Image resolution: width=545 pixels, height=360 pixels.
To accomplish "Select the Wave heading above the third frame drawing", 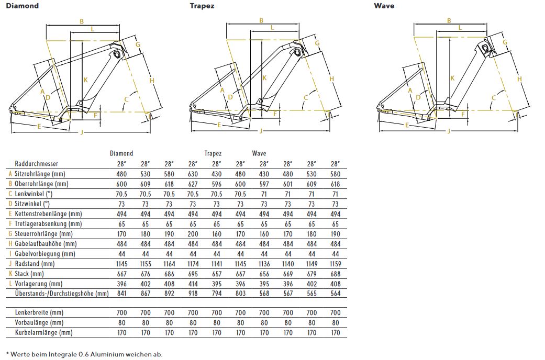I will [x=384, y=6].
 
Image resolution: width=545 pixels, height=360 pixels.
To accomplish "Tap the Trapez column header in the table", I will [x=213, y=153].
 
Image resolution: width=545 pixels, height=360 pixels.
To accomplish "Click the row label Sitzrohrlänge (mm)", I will [x=42, y=174].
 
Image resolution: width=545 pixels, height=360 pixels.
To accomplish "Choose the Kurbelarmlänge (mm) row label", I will [x=44, y=332].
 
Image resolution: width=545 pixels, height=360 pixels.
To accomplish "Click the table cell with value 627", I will [x=193, y=184].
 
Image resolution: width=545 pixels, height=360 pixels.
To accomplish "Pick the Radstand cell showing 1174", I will [x=193, y=264].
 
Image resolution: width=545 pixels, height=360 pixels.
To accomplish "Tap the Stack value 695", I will [x=193, y=274].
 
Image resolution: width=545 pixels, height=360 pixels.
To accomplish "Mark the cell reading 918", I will [x=193, y=294].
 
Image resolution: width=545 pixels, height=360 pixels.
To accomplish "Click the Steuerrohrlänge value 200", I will [x=193, y=234].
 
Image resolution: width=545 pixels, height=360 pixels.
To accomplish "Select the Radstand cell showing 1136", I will [x=264, y=264].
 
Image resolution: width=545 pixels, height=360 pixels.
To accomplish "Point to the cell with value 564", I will [x=336, y=294].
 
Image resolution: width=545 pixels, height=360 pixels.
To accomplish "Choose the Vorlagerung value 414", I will [x=193, y=284].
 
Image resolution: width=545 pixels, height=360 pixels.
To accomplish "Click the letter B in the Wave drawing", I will [x=449, y=21].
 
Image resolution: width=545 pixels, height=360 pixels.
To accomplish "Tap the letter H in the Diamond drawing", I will [x=152, y=80].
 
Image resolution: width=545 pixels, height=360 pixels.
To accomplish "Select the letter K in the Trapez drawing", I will [x=264, y=78].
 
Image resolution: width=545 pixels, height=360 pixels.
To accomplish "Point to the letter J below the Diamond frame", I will [x=81, y=132].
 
